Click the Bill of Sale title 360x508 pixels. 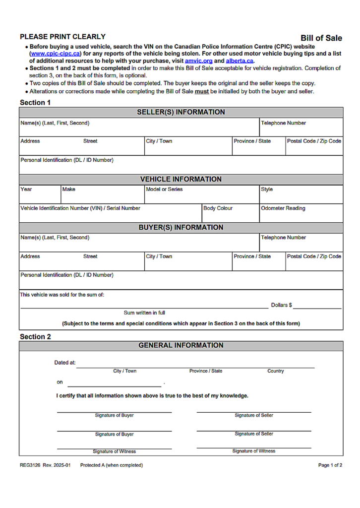click(x=321, y=38)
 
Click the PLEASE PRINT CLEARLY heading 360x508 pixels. click(x=62, y=37)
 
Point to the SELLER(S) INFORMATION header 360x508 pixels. click(x=180, y=112)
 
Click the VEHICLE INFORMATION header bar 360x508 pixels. click(x=180, y=179)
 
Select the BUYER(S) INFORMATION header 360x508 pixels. click(x=180, y=227)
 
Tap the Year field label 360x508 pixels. click(x=26, y=189)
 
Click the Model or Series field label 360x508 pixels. click(x=164, y=189)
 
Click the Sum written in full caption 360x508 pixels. click(x=144, y=313)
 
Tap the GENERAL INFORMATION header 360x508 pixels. click(x=180, y=345)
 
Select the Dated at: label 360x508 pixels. click(x=65, y=363)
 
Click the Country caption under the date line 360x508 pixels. click(x=276, y=371)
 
